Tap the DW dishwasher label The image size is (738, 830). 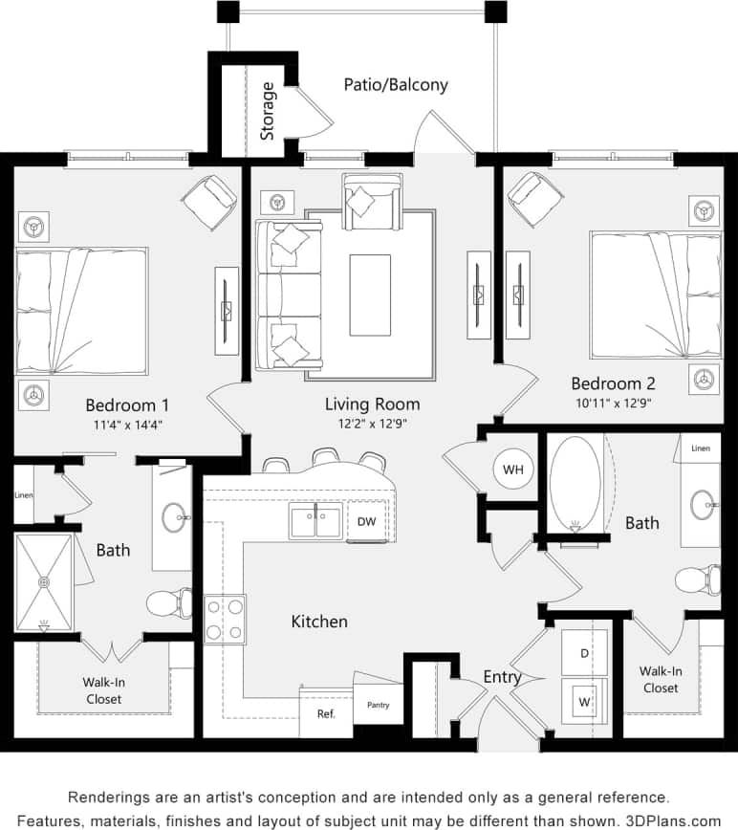coord(366,521)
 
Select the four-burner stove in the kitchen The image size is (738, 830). coord(225,618)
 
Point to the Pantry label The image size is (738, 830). coord(379,706)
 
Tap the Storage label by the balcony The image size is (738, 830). coord(268,111)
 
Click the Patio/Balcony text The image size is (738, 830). coord(396,84)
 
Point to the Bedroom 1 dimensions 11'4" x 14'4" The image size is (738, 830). coord(127,426)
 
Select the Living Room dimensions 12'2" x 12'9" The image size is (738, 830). coord(372,424)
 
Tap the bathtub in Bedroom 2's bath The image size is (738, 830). coord(575,484)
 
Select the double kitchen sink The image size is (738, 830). coord(315,522)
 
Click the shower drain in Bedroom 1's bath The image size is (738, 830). coord(43,580)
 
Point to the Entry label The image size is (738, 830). coord(502,677)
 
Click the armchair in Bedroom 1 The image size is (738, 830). coord(210,201)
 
